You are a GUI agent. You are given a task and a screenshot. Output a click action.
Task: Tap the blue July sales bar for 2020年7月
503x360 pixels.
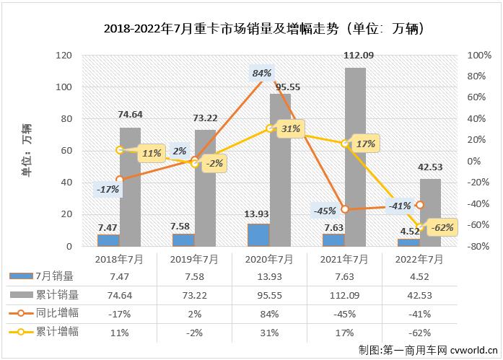coord(258,235)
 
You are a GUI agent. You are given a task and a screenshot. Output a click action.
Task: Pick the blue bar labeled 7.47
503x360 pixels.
coord(108,240)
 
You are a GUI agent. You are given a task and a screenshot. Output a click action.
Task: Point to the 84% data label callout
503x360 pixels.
coord(261,73)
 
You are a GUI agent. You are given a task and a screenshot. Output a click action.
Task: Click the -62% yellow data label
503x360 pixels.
coord(440,228)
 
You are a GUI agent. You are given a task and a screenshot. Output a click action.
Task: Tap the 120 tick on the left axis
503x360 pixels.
coord(65,56)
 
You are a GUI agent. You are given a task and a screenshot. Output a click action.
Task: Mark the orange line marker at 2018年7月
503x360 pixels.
coord(119,179)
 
